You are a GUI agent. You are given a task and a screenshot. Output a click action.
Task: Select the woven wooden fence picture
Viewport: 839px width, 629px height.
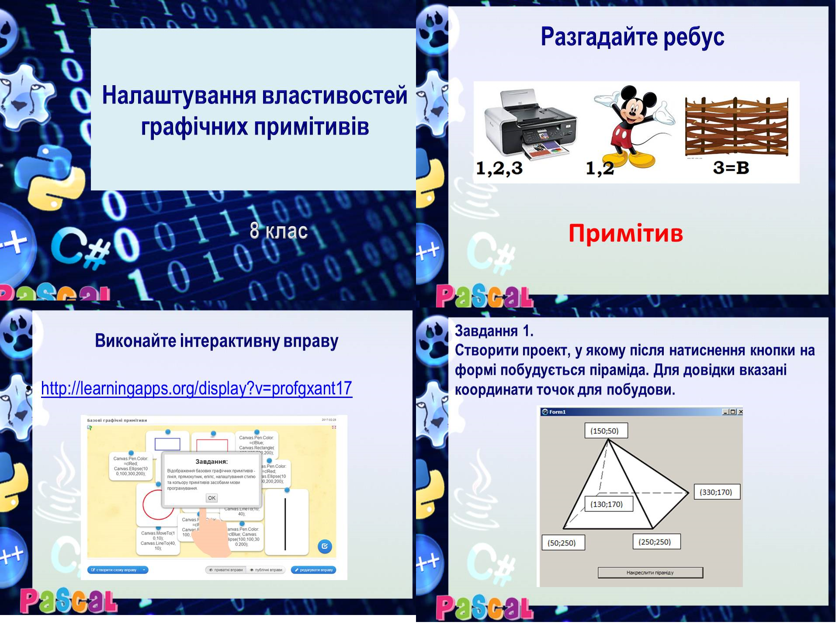[737, 127]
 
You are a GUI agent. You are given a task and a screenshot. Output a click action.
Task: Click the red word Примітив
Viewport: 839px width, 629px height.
[625, 233]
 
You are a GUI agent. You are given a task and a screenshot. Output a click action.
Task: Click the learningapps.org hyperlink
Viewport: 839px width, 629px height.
[196, 388]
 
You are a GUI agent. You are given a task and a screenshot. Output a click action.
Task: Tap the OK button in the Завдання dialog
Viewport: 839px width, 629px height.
[211, 498]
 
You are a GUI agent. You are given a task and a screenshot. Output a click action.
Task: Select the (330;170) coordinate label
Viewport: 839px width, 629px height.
[716, 492]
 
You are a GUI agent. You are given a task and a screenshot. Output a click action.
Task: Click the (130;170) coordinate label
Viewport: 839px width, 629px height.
[607, 504]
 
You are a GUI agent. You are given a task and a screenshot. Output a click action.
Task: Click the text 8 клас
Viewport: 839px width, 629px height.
[279, 231]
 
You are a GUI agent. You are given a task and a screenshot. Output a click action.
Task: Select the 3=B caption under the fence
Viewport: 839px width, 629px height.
[731, 168]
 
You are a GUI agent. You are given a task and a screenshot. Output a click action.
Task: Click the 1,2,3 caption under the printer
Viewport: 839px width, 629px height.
[499, 168]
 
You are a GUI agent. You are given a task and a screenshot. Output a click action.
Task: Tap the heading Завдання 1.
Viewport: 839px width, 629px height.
[494, 331]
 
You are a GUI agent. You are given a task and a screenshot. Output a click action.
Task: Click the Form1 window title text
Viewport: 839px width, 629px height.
[557, 412]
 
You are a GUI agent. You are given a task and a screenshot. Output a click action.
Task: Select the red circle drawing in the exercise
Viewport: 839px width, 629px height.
[158, 505]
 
